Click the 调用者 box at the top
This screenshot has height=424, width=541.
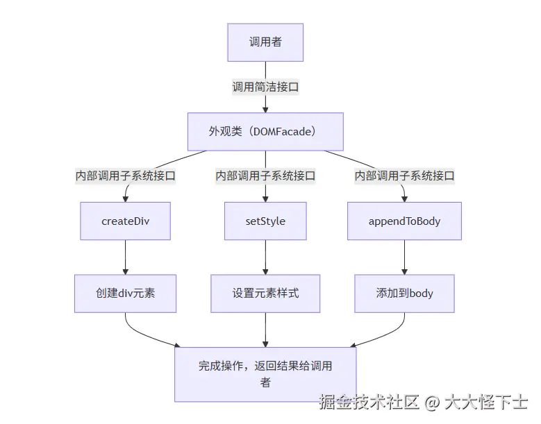click(265, 42)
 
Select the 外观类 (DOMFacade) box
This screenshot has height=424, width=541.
click(265, 132)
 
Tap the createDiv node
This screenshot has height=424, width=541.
click(126, 221)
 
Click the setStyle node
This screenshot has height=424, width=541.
click(265, 221)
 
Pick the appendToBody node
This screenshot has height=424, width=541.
click(404, 221)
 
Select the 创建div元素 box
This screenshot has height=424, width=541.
click(126, 293)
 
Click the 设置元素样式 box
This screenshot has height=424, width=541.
click(265, 293)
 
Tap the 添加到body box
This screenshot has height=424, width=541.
click(404, 293)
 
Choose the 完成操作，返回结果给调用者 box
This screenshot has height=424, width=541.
click(265, 374)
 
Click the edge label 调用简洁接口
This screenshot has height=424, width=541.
click(265, 87)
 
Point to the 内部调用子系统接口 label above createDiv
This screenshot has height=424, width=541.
click(126, 176)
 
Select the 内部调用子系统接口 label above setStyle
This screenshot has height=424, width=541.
click(265, 176)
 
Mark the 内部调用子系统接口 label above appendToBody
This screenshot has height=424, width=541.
click(404, 176)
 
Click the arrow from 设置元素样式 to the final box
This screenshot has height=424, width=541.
click(265, 330)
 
